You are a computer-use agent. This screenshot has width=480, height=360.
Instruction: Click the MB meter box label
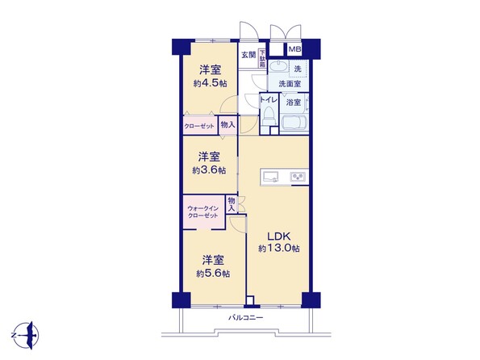click(294, 49)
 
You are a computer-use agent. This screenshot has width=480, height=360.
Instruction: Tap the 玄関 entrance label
click(248, 55)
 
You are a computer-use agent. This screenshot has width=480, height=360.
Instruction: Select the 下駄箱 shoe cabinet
click(262, 58)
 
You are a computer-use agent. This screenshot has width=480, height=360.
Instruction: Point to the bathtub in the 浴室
click(294, 123)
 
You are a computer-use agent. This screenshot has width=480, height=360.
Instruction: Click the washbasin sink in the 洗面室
click(278, 66)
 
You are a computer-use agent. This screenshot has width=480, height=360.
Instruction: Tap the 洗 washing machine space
click(298, 69)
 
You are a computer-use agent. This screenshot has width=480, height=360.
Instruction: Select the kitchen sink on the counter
click(271, 177)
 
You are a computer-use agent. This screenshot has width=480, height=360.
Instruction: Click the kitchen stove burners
click(298, 177)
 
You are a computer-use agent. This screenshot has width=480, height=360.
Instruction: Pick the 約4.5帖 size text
click(210, 84)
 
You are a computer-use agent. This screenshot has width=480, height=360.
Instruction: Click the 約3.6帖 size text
click(209, 170)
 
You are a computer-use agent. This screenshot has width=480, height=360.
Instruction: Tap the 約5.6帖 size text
click(213, 274)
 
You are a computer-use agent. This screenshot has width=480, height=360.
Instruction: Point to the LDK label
click(278, 237)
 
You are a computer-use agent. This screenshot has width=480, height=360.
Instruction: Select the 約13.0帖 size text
click(279, 249)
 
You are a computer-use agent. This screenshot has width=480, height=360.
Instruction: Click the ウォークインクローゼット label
click(203, 212)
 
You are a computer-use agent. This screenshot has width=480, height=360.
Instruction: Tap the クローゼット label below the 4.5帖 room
click(199, 126)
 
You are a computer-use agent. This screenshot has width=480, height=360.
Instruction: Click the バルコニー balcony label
click(246, 318)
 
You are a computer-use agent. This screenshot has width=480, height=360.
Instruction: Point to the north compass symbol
click(26, 335)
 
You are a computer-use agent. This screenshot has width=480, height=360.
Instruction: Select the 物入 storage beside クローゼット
click(227, 125)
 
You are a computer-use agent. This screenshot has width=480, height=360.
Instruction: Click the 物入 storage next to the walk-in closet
click(232, 205)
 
